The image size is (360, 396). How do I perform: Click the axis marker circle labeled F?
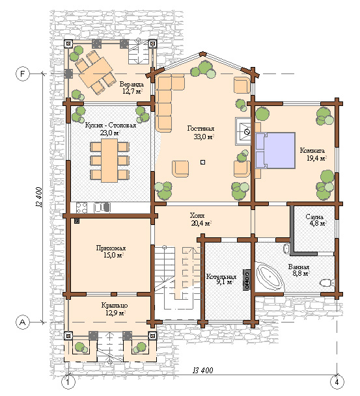coord(23,73)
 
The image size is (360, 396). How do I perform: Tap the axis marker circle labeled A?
coord(23,323)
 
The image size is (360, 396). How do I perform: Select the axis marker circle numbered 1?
coord(68,382)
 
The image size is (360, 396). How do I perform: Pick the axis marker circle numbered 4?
coord(337,382)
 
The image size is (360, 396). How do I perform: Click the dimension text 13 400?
coord(202,370)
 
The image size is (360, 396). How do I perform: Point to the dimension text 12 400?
coord(39,197)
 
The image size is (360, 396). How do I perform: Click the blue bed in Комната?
coord(275,150)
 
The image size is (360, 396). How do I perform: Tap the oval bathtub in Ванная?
coord(270,276)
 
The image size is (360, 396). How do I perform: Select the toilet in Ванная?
coord(327,283)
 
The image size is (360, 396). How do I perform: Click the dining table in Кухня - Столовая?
coord(109,161)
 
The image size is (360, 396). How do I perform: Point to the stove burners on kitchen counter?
coord(81,207)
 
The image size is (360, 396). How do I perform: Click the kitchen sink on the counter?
coord(102,207)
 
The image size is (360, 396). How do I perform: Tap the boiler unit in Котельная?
coord(247,280)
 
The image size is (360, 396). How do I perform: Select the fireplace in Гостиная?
coord(243,131)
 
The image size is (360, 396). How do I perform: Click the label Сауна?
coord(314,217)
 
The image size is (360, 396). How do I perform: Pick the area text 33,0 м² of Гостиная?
coord(204,137)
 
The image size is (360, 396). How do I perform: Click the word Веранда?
coord(132,84)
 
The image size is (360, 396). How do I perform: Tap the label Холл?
coord(197,216)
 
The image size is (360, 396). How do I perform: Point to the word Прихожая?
coord(111,248)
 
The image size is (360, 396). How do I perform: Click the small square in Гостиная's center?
coord(202,163)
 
